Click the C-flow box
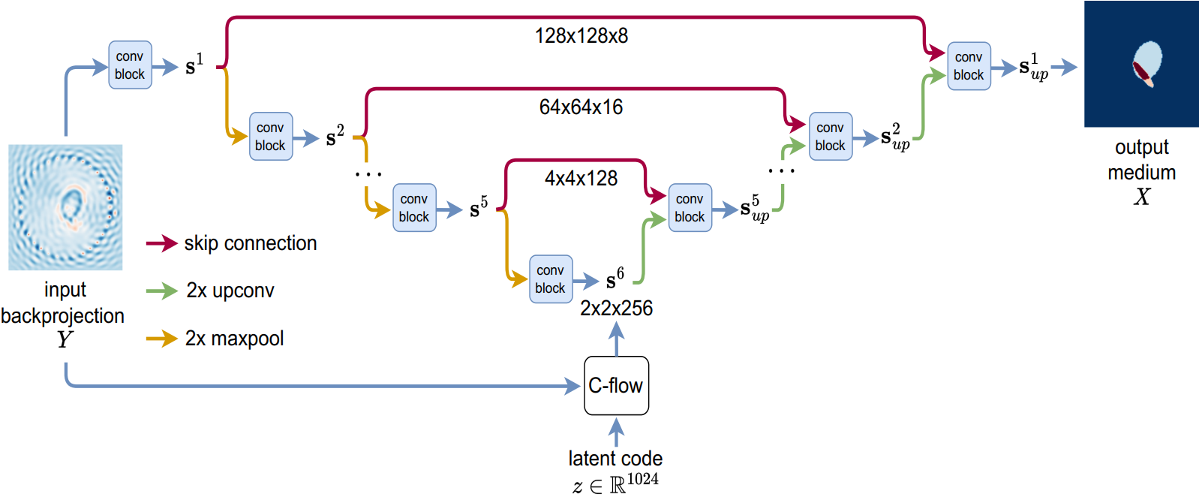pos(616,385)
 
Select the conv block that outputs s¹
pos(130,65)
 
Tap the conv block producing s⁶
pos(551,279)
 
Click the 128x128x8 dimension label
pos(581,36)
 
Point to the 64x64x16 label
pos(581,107)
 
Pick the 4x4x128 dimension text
pos(581,178)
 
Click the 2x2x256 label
pos(616,309)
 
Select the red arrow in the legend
pos(161,243)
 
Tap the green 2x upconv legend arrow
pos(161,291)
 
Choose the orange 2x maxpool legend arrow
pos(161,339)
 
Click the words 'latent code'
pos(615,458)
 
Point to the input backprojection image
pos(65,207)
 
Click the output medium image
pos(1141,64)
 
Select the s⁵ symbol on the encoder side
pos(479,206)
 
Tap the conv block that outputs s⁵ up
pos(690,208)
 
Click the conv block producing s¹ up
pos(969,66)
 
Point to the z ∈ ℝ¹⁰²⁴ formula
pos(615,483)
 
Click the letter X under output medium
pos(1142,197)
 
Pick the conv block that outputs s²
pos(271,136)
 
